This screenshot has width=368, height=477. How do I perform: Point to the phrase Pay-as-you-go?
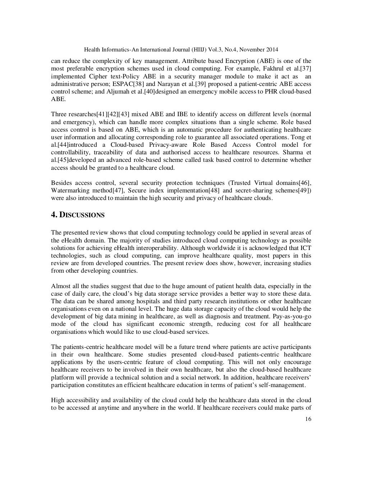point(295,316)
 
